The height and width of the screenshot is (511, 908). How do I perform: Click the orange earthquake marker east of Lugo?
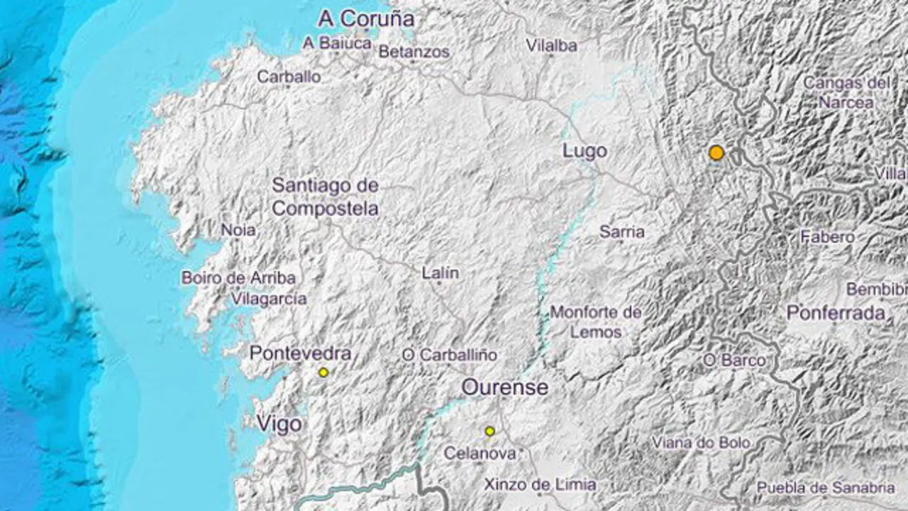pos(716,153)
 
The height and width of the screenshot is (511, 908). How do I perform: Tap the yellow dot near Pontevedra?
pos(323,372)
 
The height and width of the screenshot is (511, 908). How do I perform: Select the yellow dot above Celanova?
pos(489,431)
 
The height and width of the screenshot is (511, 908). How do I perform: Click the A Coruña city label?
pos(365,18)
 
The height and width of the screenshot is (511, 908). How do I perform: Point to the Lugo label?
pos(585,150)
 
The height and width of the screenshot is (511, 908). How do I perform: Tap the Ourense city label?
pos(504,388)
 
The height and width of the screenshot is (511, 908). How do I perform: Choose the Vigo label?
pos(279,424)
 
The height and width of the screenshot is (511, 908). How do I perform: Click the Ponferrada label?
pos(836,312)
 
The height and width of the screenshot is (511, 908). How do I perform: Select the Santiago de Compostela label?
pos(326,197)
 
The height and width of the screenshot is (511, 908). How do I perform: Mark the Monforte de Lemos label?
pos(596,322)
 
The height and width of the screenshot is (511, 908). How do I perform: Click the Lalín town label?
pos(440,273)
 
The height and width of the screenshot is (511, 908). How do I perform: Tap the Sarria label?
pos(622,231)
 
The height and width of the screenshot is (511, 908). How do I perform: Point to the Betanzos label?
pos(414,52)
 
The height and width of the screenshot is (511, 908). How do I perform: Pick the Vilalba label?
pos(551,45)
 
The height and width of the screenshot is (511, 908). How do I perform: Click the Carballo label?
pos(289,77)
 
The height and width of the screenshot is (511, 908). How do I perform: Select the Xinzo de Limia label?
pos(540,485)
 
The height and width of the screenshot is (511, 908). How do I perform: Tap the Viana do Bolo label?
pos(701,442)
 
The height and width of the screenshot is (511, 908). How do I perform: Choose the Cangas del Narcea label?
pos(846,92)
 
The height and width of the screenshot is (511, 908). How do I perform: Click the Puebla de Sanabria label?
pos(825,487)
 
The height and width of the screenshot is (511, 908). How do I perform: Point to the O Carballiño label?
pos(450,354)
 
